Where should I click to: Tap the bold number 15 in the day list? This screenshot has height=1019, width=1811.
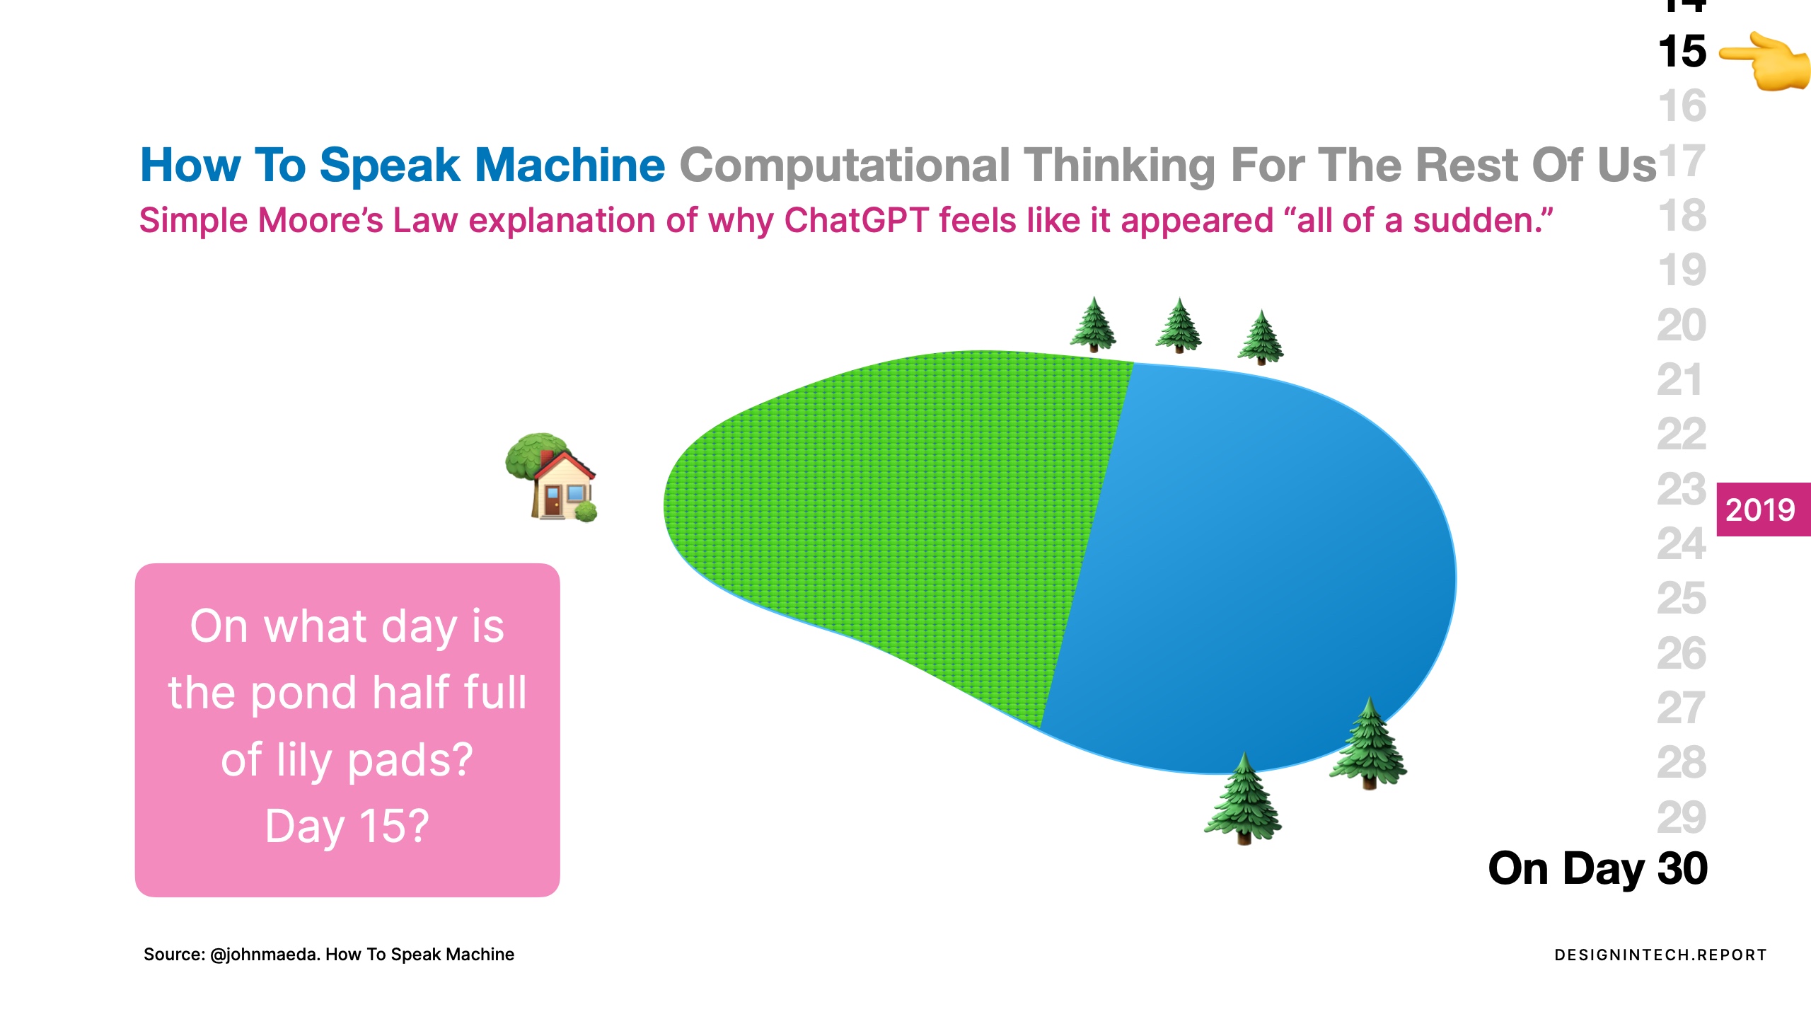1682,52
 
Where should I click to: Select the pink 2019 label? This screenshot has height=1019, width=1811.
1764,509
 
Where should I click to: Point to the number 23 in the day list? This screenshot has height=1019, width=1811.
1682,489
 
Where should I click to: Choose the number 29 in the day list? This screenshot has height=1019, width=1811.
1682,817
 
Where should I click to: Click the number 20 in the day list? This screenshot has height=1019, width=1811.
1682,325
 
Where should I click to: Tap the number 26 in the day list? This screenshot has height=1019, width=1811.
1682,653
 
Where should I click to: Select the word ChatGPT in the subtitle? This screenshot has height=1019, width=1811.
856,220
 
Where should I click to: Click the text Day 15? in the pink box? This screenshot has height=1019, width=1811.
347,826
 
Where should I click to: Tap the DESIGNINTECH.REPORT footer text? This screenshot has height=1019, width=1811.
1660,955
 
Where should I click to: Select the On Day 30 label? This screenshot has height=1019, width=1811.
1598,869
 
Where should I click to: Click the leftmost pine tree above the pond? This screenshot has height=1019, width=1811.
1094,324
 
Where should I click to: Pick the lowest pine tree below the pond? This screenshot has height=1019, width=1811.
1243,798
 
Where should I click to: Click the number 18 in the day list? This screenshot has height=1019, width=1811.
1682,215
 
